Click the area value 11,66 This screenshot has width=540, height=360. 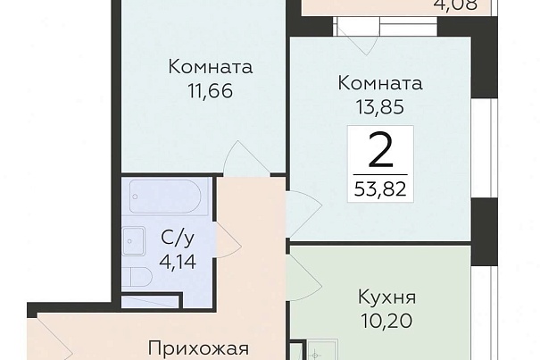pos(211,91)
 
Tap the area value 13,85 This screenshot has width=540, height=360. pos(380,107)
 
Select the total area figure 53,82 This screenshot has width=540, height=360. pos(380,189)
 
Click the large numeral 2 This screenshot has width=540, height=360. pos(380,150)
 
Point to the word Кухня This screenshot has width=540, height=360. pos(387,297)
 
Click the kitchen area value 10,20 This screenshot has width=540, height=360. pos(386,322)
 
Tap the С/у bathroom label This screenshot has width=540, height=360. pos(178,238)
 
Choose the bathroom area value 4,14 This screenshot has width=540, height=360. pos(178,262)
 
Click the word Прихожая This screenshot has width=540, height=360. pos(198,349)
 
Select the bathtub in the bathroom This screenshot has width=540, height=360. pos(165,197)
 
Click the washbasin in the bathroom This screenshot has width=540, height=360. pos(134,241)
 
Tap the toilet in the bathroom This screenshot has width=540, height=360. pos(137,278)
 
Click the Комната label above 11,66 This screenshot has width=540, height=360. pos(211,67)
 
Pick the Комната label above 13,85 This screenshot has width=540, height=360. pos(380,83)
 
